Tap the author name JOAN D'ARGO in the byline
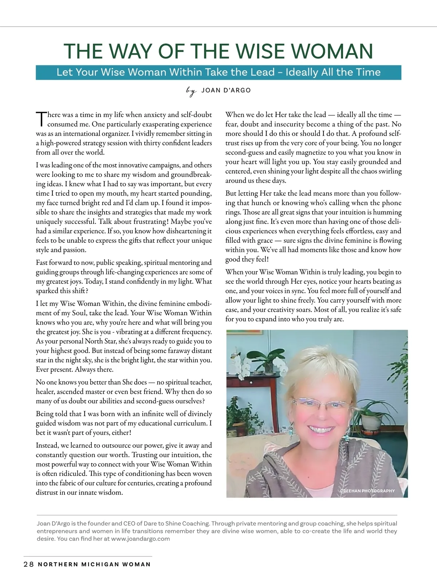click(226, 90)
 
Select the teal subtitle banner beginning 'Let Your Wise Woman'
click(219, 72)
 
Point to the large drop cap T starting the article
click(41, 119)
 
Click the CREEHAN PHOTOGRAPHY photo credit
click(367, 491)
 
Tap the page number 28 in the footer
click(28, 565)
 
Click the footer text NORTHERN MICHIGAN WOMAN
click(94, 565)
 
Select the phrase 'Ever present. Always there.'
click(75, 370)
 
